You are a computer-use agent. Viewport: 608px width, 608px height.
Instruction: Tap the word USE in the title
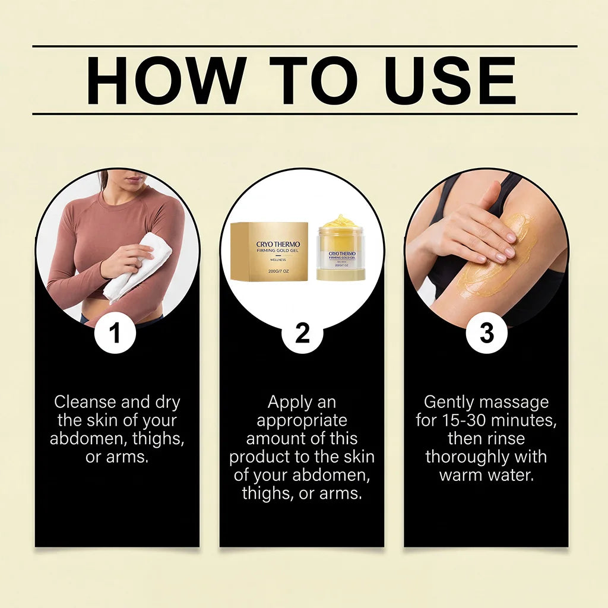(x=451, y=80)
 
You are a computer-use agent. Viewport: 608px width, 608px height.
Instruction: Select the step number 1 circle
(x=115, y=332)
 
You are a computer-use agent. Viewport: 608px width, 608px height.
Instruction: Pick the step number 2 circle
(x=302, y=332)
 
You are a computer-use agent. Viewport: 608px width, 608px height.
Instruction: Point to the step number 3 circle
(x=486, y=332)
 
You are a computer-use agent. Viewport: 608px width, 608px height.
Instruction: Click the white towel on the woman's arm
(x=138, y=268)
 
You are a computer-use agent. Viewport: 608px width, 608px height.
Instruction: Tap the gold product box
(x=270, y=251)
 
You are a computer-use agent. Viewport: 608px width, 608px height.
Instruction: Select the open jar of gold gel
(x=341, y=248)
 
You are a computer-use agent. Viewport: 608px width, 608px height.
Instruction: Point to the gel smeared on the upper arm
(x=496, y=256)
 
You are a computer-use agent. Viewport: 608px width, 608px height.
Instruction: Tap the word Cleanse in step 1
(x=85, y=402)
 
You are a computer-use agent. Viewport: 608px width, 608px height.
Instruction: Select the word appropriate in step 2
(x=302, y=421)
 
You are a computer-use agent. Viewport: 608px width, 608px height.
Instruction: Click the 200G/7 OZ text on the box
(x=278, y=271)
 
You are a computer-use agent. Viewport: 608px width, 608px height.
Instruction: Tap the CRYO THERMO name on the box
(x=278, y=244)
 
